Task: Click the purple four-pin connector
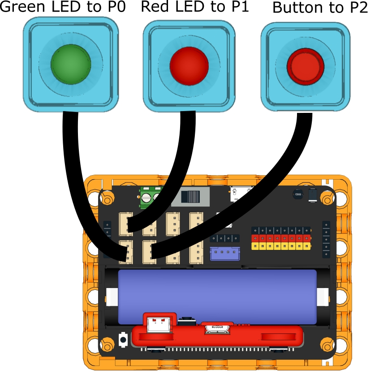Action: (224, 254)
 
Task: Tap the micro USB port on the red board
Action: (217, 329)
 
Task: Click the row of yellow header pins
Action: (281, 246)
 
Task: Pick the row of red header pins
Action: (281, 238)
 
